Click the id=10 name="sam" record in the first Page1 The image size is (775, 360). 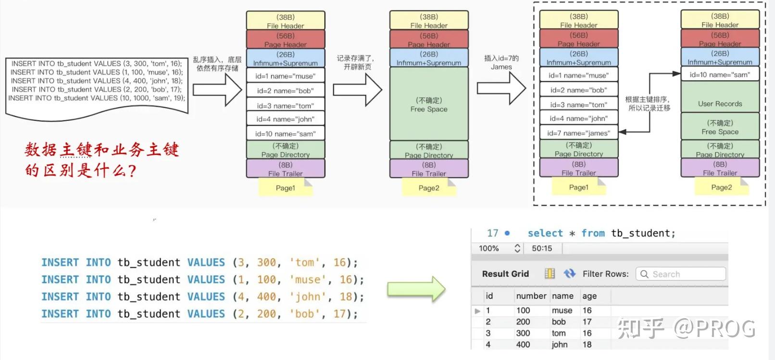286,134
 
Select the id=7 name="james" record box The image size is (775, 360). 578,133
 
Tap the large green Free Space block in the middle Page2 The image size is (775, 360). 429,104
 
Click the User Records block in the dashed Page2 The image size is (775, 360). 720,103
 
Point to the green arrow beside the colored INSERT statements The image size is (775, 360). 416,289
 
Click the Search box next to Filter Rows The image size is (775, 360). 680,274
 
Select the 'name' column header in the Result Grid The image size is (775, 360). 562,296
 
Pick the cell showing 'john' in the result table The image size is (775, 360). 560,345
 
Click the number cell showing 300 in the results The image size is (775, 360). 523,333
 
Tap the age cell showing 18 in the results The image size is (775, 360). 587,345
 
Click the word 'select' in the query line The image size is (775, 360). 545,233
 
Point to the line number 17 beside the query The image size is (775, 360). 492,233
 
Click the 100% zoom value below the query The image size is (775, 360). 488,248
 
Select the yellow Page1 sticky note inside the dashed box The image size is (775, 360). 578,187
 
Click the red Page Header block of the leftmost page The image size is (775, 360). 286,39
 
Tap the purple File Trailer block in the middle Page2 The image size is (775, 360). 429,169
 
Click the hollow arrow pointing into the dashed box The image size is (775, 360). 501,88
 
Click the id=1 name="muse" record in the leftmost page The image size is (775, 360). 286,76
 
